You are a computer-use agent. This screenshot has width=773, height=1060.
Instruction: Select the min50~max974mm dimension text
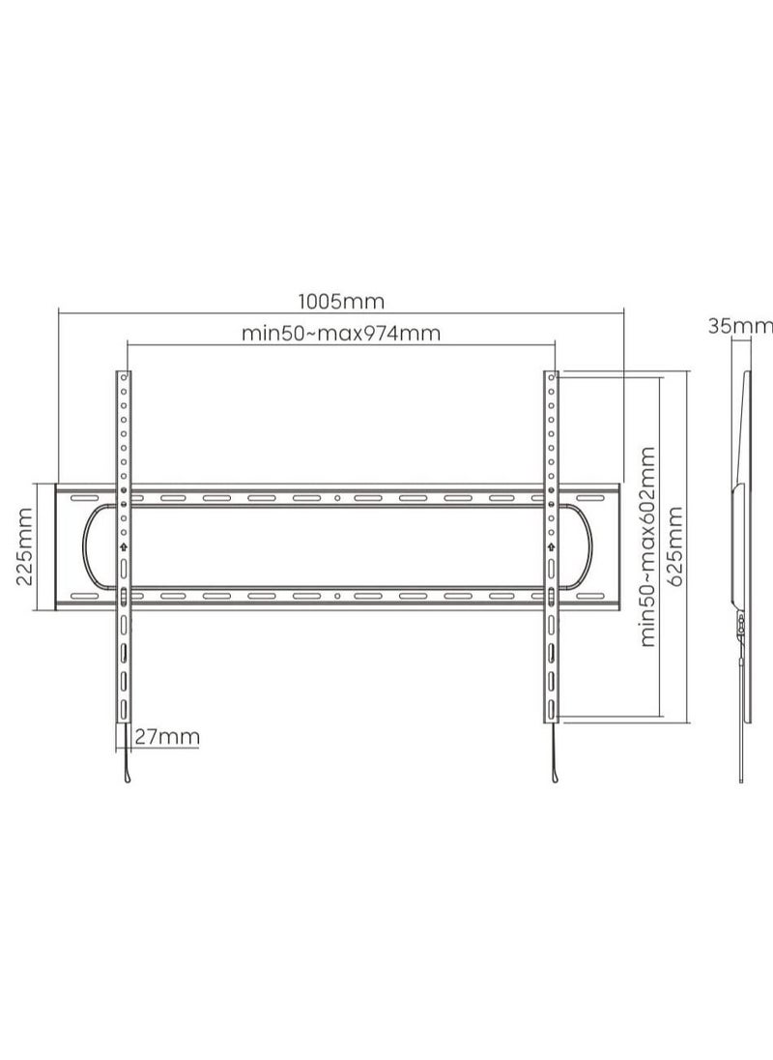pyautogui.click(x=341, y=334)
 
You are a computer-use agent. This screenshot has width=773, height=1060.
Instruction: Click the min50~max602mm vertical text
pyautogui.click(x=647, y=546)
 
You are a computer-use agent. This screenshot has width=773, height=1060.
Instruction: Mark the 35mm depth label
pyautogui.click(x=739, y=326)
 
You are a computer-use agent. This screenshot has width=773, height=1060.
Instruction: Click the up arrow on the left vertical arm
pyautogui.click(x=124, y=546)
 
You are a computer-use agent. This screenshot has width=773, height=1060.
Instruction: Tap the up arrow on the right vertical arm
pyautogui.click(x=550, y=546)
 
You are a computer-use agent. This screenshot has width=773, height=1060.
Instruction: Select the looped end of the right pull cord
pyautogui.click(x=554, y=777)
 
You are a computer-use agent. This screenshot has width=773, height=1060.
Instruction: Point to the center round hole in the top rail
pyautogui.click(x=337, y=499)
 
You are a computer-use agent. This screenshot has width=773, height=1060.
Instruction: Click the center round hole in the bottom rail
pyautogui.click(x=337, y=596)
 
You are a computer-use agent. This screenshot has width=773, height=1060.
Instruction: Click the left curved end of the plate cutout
pyautogui.click(x=87, y=546)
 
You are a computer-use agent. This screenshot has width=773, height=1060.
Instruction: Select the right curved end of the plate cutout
pyautogui.click(x=587, y=546)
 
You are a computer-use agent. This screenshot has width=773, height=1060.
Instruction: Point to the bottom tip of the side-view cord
pyautogui.click(x=741, y=778)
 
